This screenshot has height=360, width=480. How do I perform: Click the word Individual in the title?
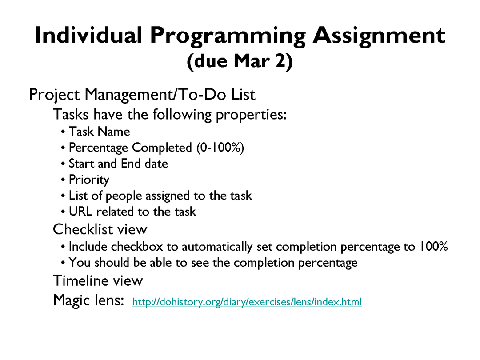(88, 35)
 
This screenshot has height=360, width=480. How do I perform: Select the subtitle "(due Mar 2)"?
(240, 61)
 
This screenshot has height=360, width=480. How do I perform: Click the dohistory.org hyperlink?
(247, 302)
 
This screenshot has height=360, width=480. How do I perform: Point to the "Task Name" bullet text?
(99, 132)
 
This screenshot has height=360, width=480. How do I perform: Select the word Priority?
(89, 180)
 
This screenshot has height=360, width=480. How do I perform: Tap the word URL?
(80, 212)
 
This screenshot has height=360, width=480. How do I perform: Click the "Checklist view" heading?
(100, 229)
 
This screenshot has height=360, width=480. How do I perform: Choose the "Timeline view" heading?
(98, 281)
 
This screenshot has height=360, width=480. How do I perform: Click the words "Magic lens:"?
(88, 300)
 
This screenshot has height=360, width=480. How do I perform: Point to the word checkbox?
(137, 247)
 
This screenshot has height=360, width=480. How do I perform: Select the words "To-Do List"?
(216, 94)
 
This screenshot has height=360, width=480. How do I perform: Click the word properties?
(251, 115)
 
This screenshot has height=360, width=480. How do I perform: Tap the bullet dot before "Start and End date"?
(63, 164)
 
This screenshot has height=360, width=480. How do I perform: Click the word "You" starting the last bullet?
(80, 263)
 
